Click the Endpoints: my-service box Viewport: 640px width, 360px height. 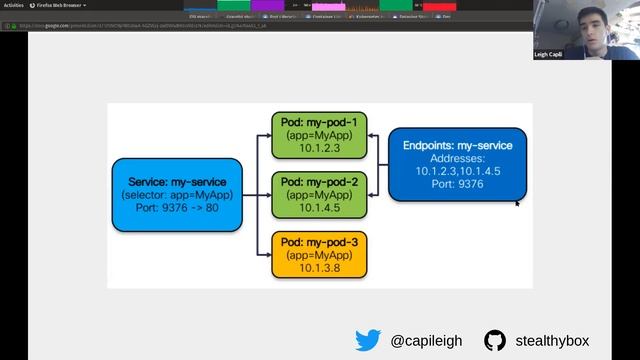coord(457,164)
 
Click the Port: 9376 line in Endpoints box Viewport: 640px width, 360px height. coord(457,185)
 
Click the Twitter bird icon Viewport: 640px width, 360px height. coord(368,340)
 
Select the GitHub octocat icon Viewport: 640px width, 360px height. coord(495,340)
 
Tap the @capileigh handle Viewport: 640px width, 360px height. coord(426,341)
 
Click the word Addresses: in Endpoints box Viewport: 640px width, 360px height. coord(457,158)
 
